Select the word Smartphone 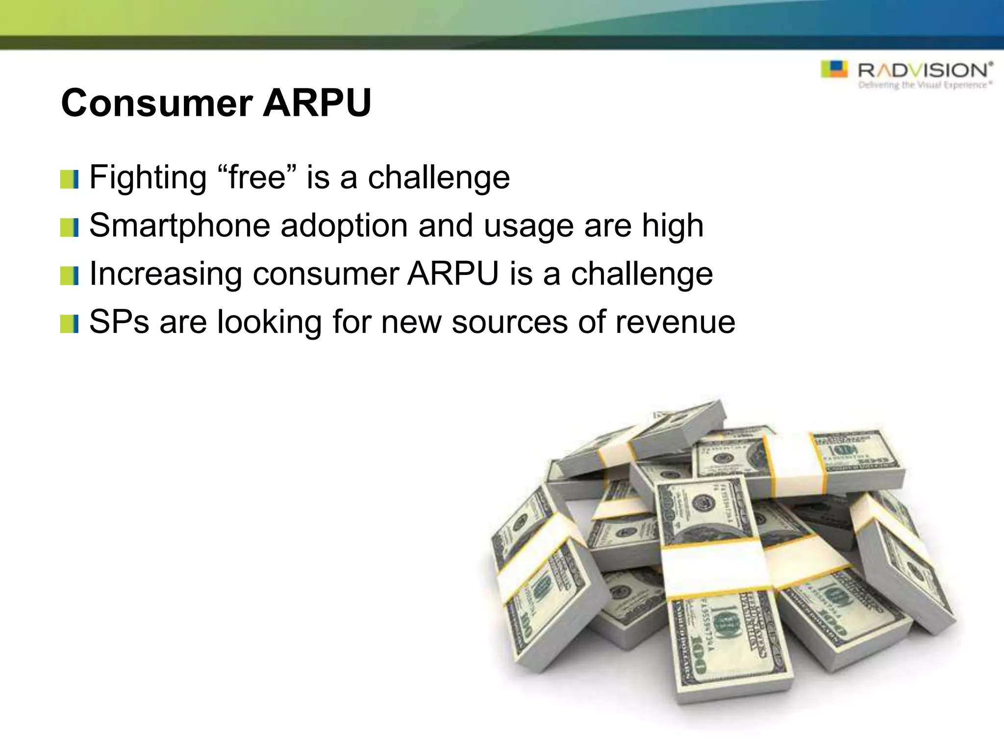(179, 226)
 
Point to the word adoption (344, 226)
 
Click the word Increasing (166, 274)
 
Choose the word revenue (675, 322)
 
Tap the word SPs (119, 322)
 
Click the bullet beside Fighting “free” (69, 179)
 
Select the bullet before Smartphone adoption (69, 228)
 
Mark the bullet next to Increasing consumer (69, 276)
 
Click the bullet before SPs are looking (69, 324)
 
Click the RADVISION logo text (925, 70)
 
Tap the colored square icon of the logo (834, 69)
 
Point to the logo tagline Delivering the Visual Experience (925, 85)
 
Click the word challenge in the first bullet (439, 177)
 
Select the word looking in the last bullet (269, 322)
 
